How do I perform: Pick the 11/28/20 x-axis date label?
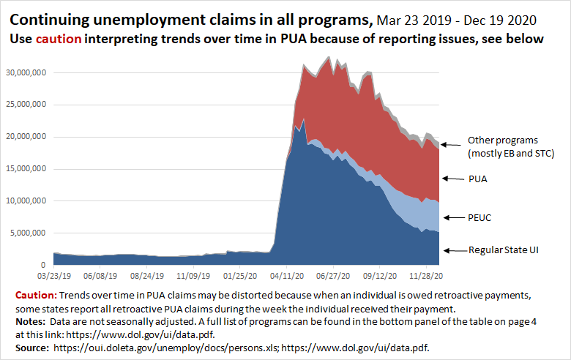(x=425, y=277)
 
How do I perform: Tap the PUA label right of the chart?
(x=478, y=178)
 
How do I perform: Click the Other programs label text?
(x=503, y=140)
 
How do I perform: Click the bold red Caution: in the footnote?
(x=36, y=294)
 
